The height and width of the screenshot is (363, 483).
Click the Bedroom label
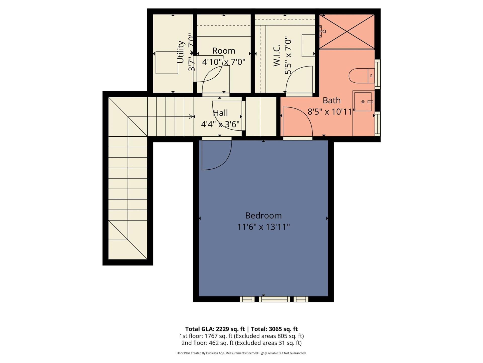263,216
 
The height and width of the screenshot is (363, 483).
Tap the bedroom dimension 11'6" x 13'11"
263,227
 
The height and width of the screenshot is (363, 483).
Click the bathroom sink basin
363,102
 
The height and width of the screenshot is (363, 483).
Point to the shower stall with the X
347,32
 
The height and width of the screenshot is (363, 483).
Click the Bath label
332,100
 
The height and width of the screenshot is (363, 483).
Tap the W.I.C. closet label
277,55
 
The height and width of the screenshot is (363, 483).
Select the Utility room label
181,52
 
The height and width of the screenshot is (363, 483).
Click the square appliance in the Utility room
167,63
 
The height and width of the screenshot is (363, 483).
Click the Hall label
220,113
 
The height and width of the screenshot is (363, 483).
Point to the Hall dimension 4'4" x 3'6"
220,124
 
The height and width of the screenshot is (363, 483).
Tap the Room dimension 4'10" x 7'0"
224,62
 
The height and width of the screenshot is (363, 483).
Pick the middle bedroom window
274,299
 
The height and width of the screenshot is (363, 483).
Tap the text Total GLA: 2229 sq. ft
215,329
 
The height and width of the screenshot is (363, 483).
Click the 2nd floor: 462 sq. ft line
241,343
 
